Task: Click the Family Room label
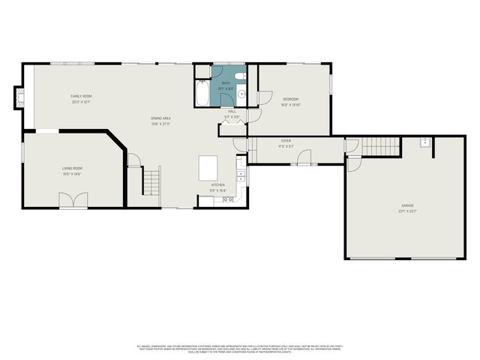pos(81,96)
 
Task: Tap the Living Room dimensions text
pos(72,174)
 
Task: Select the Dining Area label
pos(161,118)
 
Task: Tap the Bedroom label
pos(290,99)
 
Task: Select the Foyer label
pos(286,140)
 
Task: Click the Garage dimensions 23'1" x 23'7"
pos(407,211)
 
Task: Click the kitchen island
pos(209,167)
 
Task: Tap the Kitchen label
pos(217,184)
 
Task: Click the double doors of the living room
pos(73,200)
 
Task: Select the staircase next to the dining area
pos(152,181)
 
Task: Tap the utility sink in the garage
pos(424,141)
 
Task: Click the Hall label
pos(232,111)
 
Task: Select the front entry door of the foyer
pos(303,157)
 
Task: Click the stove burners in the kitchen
pos(228,200)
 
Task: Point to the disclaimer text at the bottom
pos(240,349)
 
